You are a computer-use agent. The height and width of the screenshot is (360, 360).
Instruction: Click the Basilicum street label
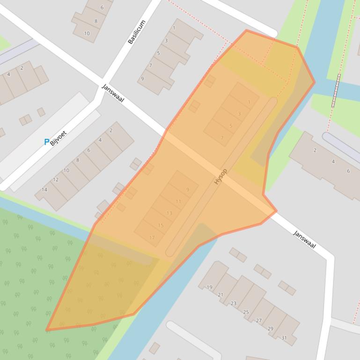pyautogui.click(x=137, y=32)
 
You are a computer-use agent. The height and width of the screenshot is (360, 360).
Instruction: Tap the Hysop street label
pyautogui.click(x=220, y=176)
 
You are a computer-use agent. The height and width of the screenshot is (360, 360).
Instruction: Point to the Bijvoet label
pyautogui.click(x=59, y=138)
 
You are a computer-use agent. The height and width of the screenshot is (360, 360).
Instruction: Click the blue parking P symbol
pyautogui.click(x=46, y=142)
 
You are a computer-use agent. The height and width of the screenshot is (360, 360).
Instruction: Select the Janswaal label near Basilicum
pyautogui.click(x=113, y=94)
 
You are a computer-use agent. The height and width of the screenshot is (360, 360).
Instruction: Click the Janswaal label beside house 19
pyautogui.click(x=304, y=239)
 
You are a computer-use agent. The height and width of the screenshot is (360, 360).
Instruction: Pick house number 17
pyautogui.click(x=152, y=238)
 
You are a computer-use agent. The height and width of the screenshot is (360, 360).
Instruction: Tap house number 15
pyautogui.click(x=161, y=225)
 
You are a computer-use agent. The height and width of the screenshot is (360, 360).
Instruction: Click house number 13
pyautogui.click(x=169, y=213)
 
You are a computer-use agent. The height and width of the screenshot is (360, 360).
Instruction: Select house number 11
pyautogui.click(x=178, y=202)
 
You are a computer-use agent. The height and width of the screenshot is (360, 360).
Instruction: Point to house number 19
pyautogui.click(x=209, y=287)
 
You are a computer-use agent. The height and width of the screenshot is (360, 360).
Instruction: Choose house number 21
pyautogui.click(x=220, y=295)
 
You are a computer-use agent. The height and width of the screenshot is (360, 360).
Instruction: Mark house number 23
pyautogui.click(x=233, y=303)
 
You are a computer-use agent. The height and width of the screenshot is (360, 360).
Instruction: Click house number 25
pyautogui.click(x=246, y=312)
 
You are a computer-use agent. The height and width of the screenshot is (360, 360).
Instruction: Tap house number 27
pyautogui.click(x=258, y=321)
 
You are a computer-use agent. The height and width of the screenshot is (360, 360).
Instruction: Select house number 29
pyautogui.click(x=270, y=329)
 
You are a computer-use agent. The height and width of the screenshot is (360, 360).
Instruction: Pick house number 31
pyautogui.click(x=284, y=338)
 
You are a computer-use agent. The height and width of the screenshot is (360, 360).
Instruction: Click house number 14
pyautogui.click(x=44, y=190)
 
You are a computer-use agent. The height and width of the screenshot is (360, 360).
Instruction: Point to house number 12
pyautogui.click(x=56, y=180)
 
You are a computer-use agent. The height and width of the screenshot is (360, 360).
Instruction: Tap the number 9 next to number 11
pyautogui.click(x=188, y=189)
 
